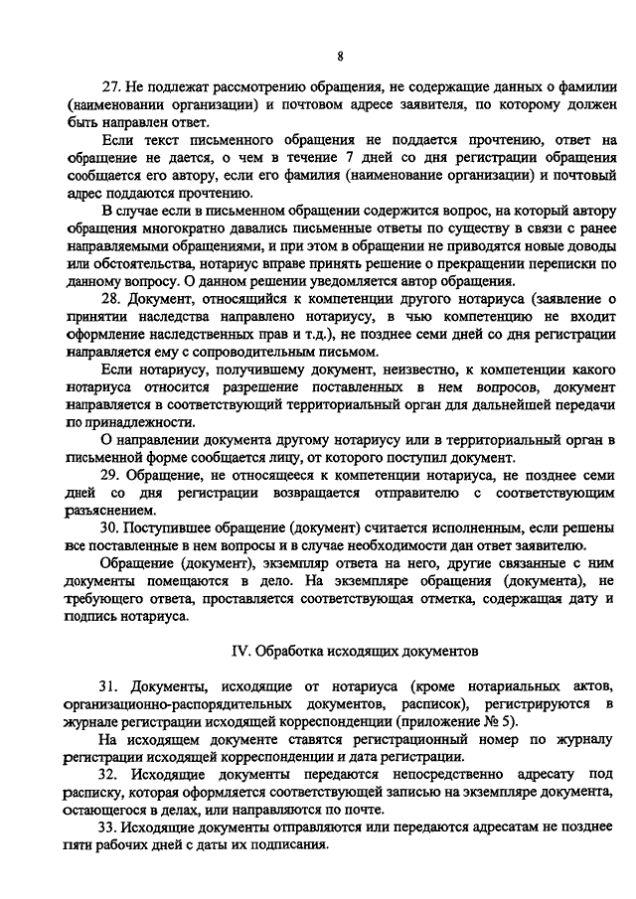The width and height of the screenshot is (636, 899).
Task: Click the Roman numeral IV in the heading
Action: (x=239, y=651)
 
